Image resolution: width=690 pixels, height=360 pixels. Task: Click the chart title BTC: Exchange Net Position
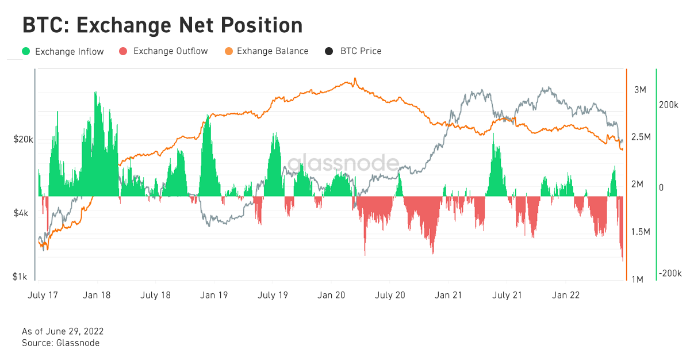coord(162,25)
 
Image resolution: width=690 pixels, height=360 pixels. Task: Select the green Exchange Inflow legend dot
coord(26,51)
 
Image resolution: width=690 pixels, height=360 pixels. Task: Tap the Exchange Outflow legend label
coord(170,51)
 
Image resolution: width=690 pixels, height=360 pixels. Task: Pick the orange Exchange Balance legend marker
coord(229,51)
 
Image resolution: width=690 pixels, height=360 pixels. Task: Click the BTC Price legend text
coord(361,51)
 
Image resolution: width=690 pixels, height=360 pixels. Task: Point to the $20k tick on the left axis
coord(24,140)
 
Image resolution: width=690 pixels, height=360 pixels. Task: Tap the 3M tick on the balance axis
coord(641,90)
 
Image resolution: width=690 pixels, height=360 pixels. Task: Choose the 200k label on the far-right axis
coord(669,106)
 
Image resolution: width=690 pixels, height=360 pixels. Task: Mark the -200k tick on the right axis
coord(670,273)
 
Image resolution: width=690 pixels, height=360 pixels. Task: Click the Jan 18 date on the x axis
coord(97,296)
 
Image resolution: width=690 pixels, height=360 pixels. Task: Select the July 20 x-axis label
coord(390,296)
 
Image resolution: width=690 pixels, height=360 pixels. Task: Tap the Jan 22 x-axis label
coord(566,296)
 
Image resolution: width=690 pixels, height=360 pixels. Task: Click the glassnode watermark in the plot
coord(343,164)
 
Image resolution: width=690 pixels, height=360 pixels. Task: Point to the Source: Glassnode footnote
coord(60,343)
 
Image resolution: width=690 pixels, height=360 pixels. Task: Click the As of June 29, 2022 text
coord(63,332)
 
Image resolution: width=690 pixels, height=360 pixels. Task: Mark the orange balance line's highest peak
coord(355,79)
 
